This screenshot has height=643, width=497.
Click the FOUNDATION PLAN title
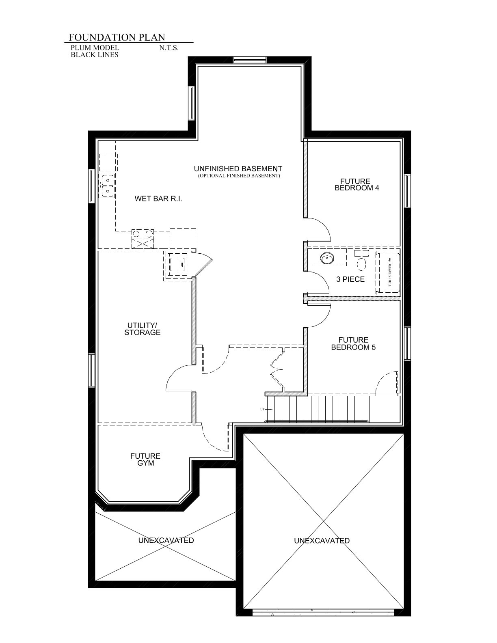click(x=117, y=37)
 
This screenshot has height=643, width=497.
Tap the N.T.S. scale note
click(x=169, y=48)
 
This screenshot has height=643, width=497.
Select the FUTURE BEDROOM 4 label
click(x=357, y=185)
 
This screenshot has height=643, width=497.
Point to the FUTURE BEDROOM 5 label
click(x=353, y=343)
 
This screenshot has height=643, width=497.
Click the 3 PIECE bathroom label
click(x=350, y=279)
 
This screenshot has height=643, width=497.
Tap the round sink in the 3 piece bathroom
click(x=327, y=258)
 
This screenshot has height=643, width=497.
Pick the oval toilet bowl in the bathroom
click(x=361, y=263)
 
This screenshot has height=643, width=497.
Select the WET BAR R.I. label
click(x=158, y=199)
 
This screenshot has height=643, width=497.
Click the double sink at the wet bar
click(x=107, y=186)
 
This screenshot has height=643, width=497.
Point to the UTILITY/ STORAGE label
click(x=143, y=329)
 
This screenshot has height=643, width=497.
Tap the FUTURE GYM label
click(x=145, y=460)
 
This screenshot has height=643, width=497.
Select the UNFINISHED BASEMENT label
click(x=238, y=169)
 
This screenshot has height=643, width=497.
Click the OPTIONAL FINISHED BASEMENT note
click(x=239, y=176)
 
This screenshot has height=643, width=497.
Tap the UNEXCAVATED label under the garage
click(x=322, y=541)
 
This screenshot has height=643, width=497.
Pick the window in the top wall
click(x=250, y=60)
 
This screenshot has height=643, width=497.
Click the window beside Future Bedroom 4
click(x=408, y=191)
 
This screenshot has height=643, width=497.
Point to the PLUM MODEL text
click(x=95, y=47)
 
